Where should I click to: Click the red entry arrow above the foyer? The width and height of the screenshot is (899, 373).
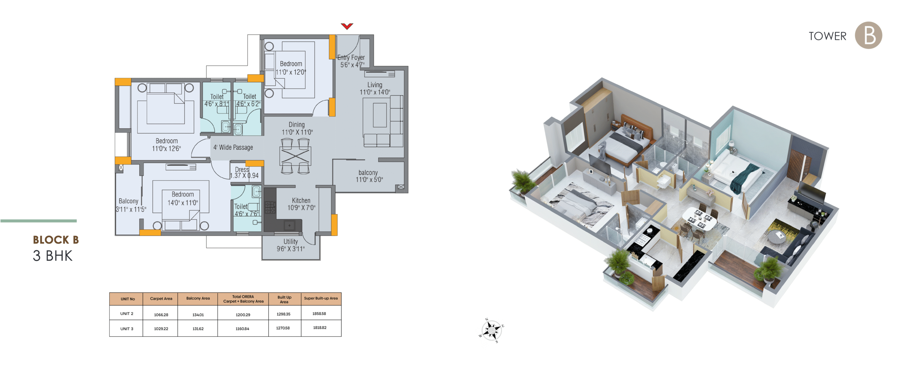(x=347, y=26)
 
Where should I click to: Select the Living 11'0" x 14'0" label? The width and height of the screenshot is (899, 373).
(x=375, y=89)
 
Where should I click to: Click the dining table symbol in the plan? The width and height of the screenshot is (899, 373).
(x=295, y=156)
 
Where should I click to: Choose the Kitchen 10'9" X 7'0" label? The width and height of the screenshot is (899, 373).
(x=301, y=204)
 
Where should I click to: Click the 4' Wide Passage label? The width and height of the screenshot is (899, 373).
(x=233, y=148)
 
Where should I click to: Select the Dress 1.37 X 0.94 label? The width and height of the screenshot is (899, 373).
(x=244, y=172)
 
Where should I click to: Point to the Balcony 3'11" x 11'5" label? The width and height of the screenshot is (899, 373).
(x=131, y=205)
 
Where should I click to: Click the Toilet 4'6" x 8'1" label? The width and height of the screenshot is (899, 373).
(x=217, y=100)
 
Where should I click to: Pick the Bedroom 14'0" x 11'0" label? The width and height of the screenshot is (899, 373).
(x=183, y=198)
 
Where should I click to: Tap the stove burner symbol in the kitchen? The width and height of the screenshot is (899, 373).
(x=270, y=207)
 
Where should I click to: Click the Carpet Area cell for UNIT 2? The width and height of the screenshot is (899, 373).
(x=161, y=315)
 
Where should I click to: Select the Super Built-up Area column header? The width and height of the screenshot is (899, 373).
(x=321, y=299)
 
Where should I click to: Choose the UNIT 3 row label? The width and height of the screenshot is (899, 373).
(x=127, y=329)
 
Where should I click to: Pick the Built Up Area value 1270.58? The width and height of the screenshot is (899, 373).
(x=283, y=328)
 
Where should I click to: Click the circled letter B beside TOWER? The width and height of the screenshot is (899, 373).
(x=868, y=35)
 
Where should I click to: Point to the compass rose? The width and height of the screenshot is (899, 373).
(x=491, y=330)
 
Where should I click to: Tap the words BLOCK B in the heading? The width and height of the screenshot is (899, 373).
(x=56, y=240)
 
